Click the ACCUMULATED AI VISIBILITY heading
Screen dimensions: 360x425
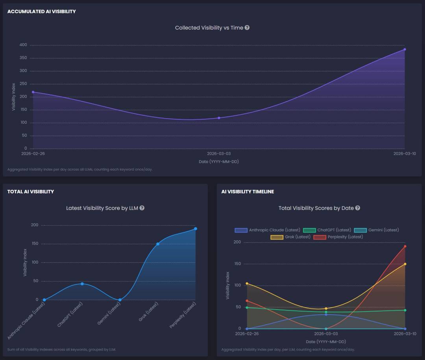[x=41, y=11]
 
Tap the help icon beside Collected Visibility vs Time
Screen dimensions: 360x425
[x=247, y=28]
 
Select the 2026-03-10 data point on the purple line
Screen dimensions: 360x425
[x=405, y=49]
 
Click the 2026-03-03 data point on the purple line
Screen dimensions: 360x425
[x=219, y=118]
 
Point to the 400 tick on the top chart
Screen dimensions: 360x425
[x=23, y=45]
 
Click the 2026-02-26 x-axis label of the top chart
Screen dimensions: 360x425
[x=33, y=154]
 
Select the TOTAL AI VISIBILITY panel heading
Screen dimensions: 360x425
[x=31, y=191]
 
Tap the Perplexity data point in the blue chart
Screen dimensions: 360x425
[x=196, y=228]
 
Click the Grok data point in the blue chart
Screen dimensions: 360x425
[x=158, y=244]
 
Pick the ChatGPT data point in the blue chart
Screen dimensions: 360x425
[x=82, y=284]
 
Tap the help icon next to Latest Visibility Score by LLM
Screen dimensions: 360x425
[x=142, y=208]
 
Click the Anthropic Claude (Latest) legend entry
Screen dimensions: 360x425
[x=268, y=230]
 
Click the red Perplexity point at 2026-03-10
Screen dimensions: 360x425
[x=405, y=246]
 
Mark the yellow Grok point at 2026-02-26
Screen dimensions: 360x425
[x=247, y=283]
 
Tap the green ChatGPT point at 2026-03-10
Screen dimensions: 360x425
[x=405, y=310]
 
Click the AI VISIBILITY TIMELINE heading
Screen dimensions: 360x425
[x=248, y=191]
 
